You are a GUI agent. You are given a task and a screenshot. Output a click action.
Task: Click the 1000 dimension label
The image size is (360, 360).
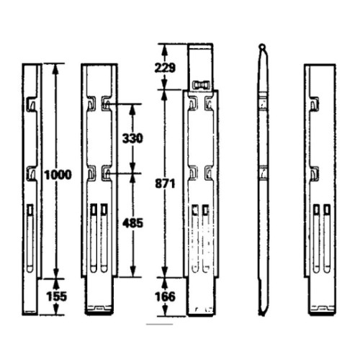click(58, 175)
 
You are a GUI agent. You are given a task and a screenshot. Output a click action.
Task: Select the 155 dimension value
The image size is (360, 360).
click(57, 297)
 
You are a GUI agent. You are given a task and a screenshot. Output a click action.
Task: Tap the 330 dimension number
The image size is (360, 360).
click(132, 138)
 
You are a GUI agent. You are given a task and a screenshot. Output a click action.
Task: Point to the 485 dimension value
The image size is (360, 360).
click(132, 223)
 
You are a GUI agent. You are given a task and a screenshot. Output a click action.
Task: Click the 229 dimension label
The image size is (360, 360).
click(165, 68)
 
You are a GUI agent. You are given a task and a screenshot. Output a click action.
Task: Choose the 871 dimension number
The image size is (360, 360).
click(165, 184)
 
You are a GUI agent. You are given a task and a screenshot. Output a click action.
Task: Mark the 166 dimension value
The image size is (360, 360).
click(166, 297)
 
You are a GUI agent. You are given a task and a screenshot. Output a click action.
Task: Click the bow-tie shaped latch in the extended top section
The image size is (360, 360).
click(201, 85)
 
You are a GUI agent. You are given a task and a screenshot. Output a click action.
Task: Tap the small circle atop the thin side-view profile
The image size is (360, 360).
click(262, 45)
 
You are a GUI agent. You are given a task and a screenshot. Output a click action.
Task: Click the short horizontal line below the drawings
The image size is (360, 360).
click(160, 325)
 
